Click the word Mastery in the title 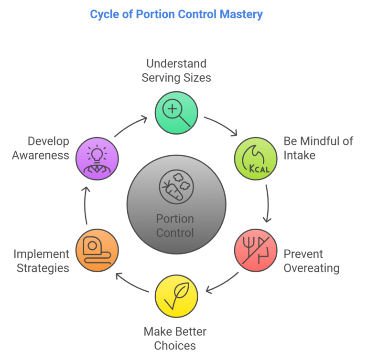[x=241, y=14]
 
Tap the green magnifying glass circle [x=176, y=113]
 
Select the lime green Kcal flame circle [x=256, y=159]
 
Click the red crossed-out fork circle [x=256, y=250]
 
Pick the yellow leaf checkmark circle [x=176, y=296]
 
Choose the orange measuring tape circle [x=97, y=250]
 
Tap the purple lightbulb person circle [x=97, y=159]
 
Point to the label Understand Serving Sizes [x=176, y=71]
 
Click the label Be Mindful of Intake [x=318, y=148]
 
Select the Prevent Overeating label [x=312, y=261]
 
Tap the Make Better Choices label [x=175, y=339]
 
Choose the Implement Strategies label [x=41, y=261]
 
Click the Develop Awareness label [x=41, y=148]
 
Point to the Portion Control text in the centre [x=175, y=226]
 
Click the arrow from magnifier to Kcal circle [x=222, y=125]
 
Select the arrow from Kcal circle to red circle [x=268, y=203]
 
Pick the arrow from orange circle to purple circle [x=85, y=205]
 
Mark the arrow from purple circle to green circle [x=130, y=126]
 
